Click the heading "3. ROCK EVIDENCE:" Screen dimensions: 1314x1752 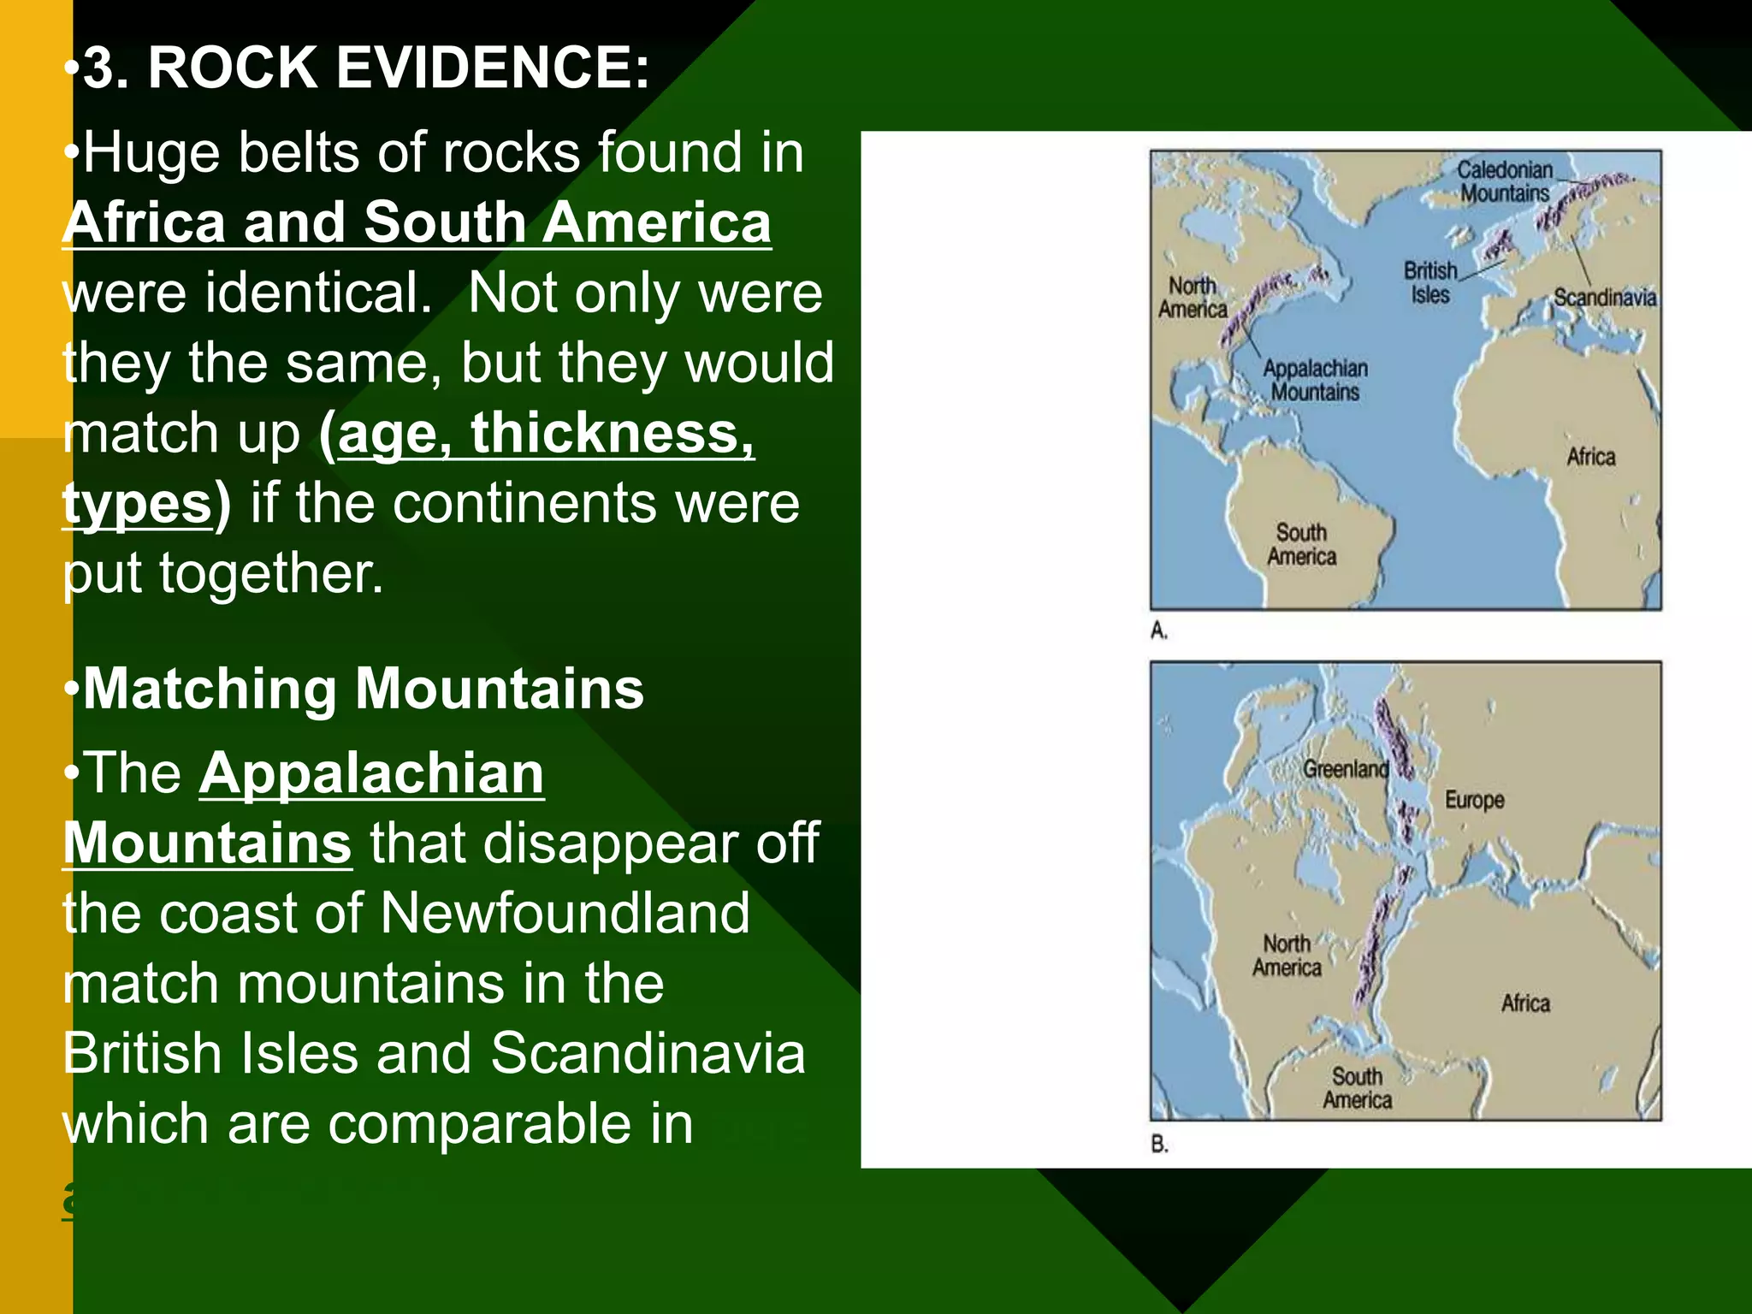pos(365,68)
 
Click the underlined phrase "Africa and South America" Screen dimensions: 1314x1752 pos(417,222)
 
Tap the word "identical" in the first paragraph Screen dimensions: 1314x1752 pos(317,293)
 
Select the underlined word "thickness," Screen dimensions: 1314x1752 pos(613,433)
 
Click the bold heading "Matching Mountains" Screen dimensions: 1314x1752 pos(363,690)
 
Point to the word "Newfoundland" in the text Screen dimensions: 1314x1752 pos(565,914)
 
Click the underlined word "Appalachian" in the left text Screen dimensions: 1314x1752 pos(371,774)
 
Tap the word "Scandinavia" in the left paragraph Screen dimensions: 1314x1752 pos(648,1054)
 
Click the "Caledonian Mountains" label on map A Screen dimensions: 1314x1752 pos(1505,181)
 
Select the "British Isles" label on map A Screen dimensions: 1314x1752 pos(1430,282)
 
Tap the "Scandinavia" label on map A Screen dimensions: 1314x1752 pos(1605,298)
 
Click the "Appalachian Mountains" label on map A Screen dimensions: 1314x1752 pos(1315,381)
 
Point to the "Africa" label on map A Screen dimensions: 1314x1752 pos(1591,457)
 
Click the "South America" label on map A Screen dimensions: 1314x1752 pos(1301,545)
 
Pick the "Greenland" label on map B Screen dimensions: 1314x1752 pos(1345,769)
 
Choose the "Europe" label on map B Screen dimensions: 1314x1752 pos(1474,800)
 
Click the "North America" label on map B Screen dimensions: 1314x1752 pos(1287,956)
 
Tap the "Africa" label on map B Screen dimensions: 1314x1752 pos(1525,1003)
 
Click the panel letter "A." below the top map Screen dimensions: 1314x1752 pos(1159,631)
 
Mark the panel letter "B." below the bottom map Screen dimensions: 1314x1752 pos(1159,1144)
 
